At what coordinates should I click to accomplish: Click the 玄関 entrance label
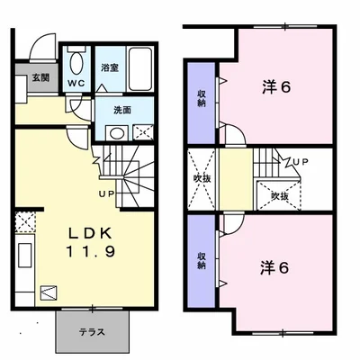tap(41, 78)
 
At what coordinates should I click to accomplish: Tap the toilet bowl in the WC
tap(76, 63)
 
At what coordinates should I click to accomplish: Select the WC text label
tap(76, 84)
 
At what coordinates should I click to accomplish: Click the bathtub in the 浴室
tap(140, 68)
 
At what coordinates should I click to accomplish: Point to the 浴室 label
tap(110, 67)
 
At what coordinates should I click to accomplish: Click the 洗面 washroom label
tap(122, 111)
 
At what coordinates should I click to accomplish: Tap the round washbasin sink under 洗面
tap(117, 133)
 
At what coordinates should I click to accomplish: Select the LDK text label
tap(91, 233)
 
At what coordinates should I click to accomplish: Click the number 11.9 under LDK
tap(91, 251)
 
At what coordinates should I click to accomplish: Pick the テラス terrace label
tap(92, 332)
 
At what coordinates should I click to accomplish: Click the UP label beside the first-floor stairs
tap(107, 194)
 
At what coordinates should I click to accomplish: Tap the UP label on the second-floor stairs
tap(301, 162)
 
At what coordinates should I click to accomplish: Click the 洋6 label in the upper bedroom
tap(276, 87)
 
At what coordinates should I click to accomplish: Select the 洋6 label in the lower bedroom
tap(274, 268)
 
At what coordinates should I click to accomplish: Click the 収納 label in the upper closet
tap(202, 99)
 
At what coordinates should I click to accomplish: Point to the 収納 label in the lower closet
tap(202, 260)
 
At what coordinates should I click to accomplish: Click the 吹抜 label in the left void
tap(202, 179)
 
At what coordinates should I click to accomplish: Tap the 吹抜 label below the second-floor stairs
tap(280, 196)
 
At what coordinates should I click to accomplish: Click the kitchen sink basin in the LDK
tap(25, 255)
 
